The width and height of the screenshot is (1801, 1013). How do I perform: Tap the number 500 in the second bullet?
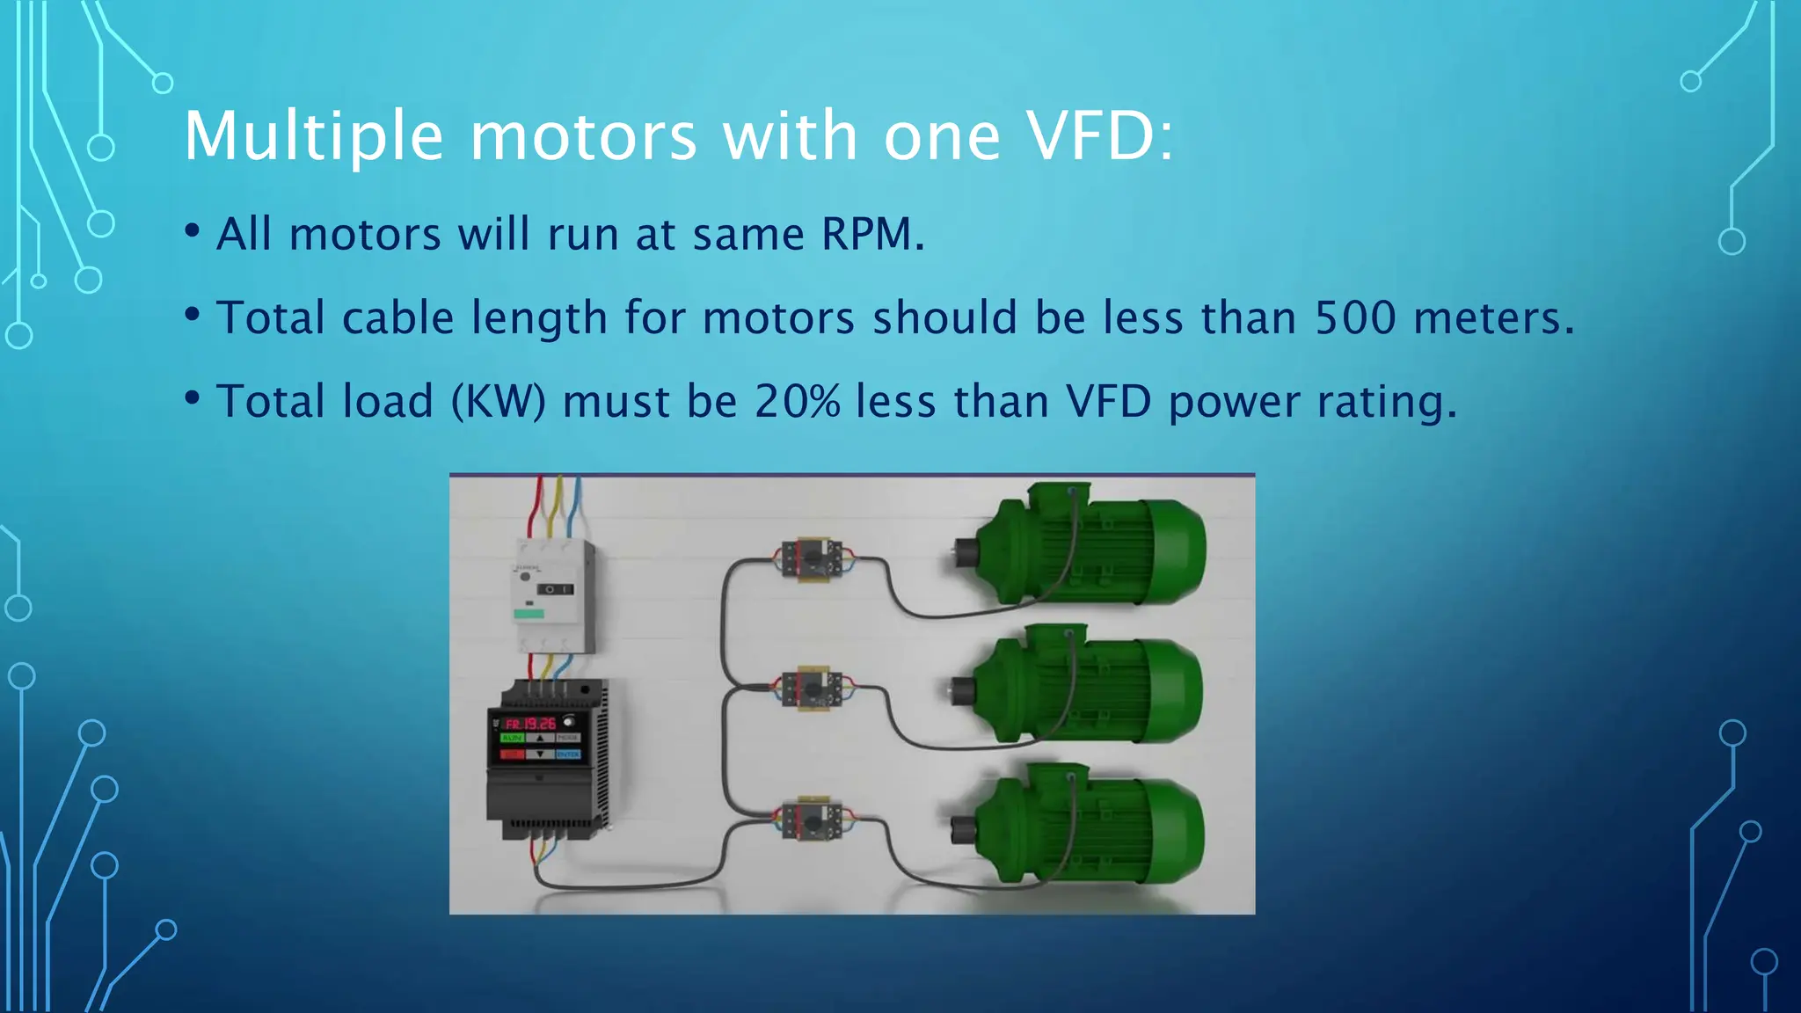(x=1354, y=317)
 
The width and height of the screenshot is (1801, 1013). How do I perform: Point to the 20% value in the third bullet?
(x=797, y=401)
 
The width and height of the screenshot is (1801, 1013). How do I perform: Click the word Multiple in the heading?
(x=313, y=136)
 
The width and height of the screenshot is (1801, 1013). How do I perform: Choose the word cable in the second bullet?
(x=397, y=317)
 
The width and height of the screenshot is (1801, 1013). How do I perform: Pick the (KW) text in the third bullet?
(x=499, y=401)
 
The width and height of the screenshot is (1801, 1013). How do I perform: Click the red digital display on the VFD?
(x=531, y=724)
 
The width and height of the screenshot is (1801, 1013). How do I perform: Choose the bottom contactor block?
(x=812, y=821)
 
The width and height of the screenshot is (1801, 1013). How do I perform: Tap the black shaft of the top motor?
(x=965, y=552)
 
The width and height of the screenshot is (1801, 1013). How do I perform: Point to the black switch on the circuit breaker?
(x=555, y=589)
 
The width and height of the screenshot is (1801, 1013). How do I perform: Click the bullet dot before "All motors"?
(x=193, y=231)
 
